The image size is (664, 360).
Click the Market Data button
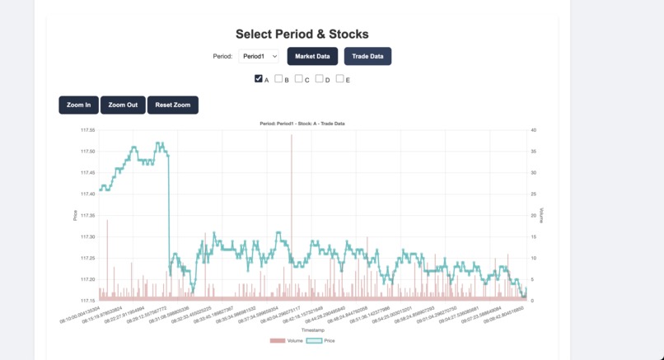(312, 56)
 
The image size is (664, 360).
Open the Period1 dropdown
(259, 56)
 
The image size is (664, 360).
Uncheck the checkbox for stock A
(259, 79)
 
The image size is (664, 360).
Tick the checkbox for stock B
(278, 79)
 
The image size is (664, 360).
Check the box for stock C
(299, 79)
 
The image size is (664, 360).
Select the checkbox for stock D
(320, 79)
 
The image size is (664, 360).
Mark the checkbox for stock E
(339, 79)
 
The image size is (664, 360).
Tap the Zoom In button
(79, 105)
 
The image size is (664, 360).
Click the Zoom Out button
(123, 105)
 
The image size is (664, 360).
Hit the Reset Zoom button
(173, 105)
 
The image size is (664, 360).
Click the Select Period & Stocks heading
(302, 34)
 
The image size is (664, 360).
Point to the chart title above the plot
(302, 124)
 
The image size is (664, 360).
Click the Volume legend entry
(288, 340)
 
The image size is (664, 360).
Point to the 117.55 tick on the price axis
(87, 130)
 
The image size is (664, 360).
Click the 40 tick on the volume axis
(534, 130)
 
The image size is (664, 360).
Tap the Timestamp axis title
(313, 330)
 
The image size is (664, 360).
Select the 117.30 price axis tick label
(87, 236)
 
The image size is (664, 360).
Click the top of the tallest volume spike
(292, 136)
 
